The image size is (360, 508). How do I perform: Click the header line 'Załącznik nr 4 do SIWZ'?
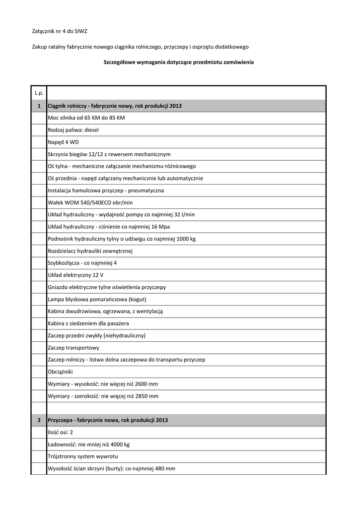(60, 31)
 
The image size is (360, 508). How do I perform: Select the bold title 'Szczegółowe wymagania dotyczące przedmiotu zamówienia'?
(178, 63)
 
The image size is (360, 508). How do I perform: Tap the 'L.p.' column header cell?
(39, 93)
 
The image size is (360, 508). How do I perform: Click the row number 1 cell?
(39, 106)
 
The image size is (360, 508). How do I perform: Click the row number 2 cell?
(39, 420)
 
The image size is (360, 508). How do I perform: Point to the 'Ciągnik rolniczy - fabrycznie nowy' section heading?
(115, 106)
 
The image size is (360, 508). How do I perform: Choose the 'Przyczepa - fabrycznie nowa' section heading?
(108, 420)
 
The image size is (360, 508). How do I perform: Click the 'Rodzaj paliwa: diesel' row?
(73, 130)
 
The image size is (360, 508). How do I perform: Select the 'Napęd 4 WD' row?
(63, 142)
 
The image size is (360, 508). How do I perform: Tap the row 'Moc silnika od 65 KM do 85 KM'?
(86, 118)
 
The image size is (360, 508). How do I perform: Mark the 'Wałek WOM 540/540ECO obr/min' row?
(90, 202)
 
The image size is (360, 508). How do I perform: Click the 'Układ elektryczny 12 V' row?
(75, 275)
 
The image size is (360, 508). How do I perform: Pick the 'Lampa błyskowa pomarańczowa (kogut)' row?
(97, 299)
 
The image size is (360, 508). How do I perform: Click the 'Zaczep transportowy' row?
(73, 348)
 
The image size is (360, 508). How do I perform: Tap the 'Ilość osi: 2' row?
(61, 432)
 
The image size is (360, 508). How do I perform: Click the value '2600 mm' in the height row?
(146, 384)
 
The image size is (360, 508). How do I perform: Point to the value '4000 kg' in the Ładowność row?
(118, 444)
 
